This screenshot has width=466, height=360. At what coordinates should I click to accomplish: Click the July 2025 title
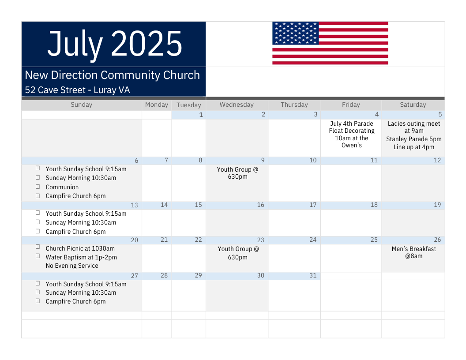click(x=115, y=44)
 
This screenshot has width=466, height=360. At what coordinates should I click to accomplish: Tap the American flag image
click(x=330, y=43)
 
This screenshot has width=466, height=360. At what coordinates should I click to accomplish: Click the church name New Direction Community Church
click(x=113, y=75)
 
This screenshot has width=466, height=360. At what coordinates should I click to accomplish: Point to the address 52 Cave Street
click(x=55, y=90)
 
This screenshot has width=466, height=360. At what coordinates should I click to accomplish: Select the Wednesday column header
click(x=237, y=105)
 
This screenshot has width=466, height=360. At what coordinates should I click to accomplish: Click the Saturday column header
click(x=413, y=105)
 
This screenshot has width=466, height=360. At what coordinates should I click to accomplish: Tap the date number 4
click(x=376, y=114)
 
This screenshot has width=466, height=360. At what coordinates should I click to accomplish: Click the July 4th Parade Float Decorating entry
click(x=352, y=134)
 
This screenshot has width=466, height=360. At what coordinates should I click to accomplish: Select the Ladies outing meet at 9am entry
click(x=413, y=127)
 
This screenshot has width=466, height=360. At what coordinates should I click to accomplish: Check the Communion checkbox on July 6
click(x=38, y=187)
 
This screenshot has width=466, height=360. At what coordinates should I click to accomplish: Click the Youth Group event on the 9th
click(x=237, y=173)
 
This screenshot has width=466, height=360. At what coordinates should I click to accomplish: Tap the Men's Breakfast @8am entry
click(x=413, y=252)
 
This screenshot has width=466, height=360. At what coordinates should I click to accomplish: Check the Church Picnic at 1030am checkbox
click(x=38, y=247)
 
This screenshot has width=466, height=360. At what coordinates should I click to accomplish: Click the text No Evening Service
click(x=72, y=266)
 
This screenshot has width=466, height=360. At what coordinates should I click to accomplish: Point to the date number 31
click(x=313, y=275)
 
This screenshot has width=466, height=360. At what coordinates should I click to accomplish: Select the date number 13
click(x=134, y=205)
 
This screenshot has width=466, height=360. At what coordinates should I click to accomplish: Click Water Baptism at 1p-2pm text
click(x=81, y=257)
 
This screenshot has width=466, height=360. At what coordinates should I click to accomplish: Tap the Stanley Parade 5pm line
click(x=413, y=139)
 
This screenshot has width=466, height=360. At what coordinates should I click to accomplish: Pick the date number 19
click(x=437, y=205)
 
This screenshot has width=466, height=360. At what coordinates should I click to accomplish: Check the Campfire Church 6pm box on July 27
click(x=38, y=301)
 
